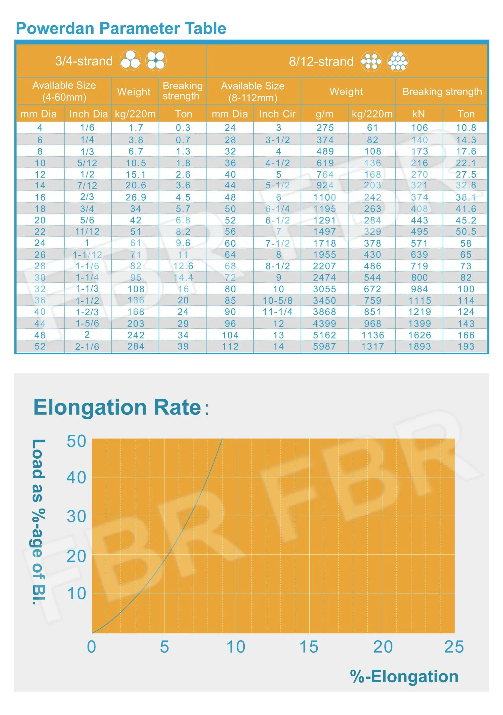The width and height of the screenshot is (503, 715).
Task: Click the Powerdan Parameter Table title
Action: point(121,29)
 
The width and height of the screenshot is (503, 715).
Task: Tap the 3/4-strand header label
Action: point(83,61)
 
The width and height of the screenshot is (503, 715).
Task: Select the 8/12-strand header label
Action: point(321,61)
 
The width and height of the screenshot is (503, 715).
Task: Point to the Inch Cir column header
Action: point(277,114)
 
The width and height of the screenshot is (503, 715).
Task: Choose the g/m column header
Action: point(324,114)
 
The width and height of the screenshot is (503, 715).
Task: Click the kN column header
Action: point(418,114)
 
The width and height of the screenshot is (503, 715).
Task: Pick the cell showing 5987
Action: point(324,346)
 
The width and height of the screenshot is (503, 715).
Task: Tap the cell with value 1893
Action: point(420,346)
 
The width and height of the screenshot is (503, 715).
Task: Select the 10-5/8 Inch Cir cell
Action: point(277,301)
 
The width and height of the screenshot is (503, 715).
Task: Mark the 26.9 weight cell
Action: point(136,197)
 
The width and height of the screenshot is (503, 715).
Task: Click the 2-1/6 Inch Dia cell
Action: point(87,346)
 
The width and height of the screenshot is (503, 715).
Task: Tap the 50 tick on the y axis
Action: point(76,441)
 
